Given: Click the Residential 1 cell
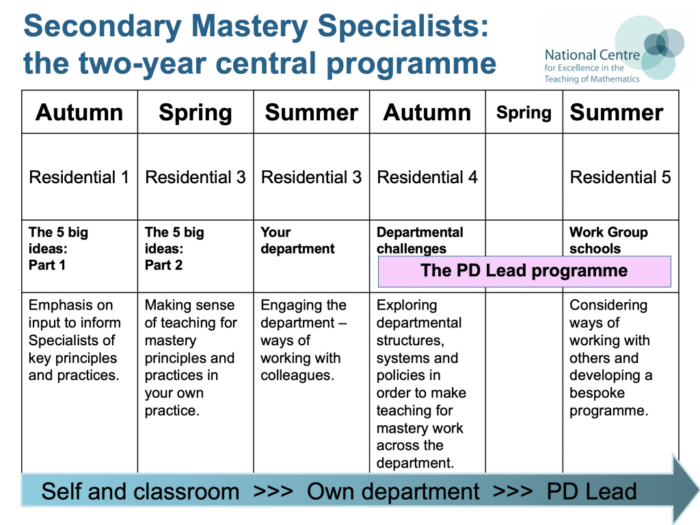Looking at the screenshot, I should click(79, 178).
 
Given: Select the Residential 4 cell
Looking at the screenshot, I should click(427, 178).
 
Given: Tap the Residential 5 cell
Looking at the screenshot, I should click(621, 178).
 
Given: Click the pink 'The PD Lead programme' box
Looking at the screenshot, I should click(524, 271).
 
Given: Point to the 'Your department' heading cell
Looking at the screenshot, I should click(297, 241).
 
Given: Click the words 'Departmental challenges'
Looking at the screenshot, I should click(420, 241).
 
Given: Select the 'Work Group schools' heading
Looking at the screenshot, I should click(608, 241).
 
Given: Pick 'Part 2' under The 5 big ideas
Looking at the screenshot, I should click(163, 265).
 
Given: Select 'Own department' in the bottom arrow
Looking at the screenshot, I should click(393, 492).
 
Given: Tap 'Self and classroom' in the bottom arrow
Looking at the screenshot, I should click(140, 492).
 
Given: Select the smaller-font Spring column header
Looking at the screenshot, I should click(524, 113).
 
